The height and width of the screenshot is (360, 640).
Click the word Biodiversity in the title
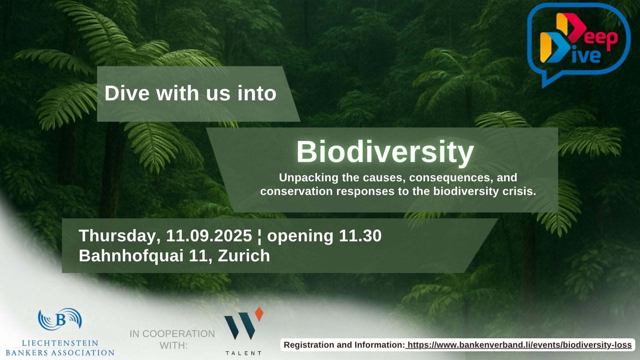pyautogui.click(x=385, y=152)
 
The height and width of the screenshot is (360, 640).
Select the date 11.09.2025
pyautogui.click(x=209, y=236)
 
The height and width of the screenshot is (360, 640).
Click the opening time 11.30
pyautogui.click(x=360, y=236)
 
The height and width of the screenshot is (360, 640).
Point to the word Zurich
pyautogui.click(x=244, y=256)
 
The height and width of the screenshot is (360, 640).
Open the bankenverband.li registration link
pyautogui.click(x=520, y=345)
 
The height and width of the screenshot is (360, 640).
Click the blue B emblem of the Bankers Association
pyautogui.click(x=60, y=319)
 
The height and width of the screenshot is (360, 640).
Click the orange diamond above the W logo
pyautogui.click(x=259, y=314)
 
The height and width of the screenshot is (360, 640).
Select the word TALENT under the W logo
pyautogui.click(x=243, y=353)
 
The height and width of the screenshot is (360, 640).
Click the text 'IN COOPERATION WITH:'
pyautogui.click(x=172, y=339)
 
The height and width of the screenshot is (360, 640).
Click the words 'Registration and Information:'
pyautogui.click(x=344, y=345)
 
